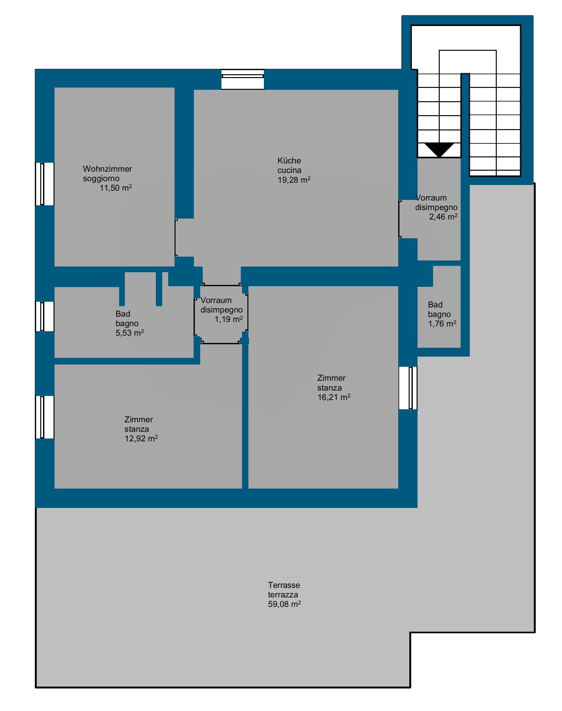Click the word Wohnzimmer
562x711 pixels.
[107, 169]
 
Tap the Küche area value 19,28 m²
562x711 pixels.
[294, 180]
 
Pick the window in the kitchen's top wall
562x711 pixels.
[242, 79]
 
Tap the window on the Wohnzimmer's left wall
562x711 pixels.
[45, 184]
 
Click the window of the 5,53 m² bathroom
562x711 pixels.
[45, 316]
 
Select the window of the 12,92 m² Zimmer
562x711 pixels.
[45, 417]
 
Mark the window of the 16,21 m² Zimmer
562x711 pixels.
[408, 388]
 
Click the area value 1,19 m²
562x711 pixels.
[229, 319]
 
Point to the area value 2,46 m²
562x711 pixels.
[443, 217]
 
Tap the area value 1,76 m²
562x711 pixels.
[442, 324]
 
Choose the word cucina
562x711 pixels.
[289, 170]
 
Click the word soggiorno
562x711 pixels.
[101, 179]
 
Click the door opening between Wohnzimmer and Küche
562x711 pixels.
[176, 238]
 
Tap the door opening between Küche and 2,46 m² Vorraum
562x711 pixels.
[400, 219]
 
